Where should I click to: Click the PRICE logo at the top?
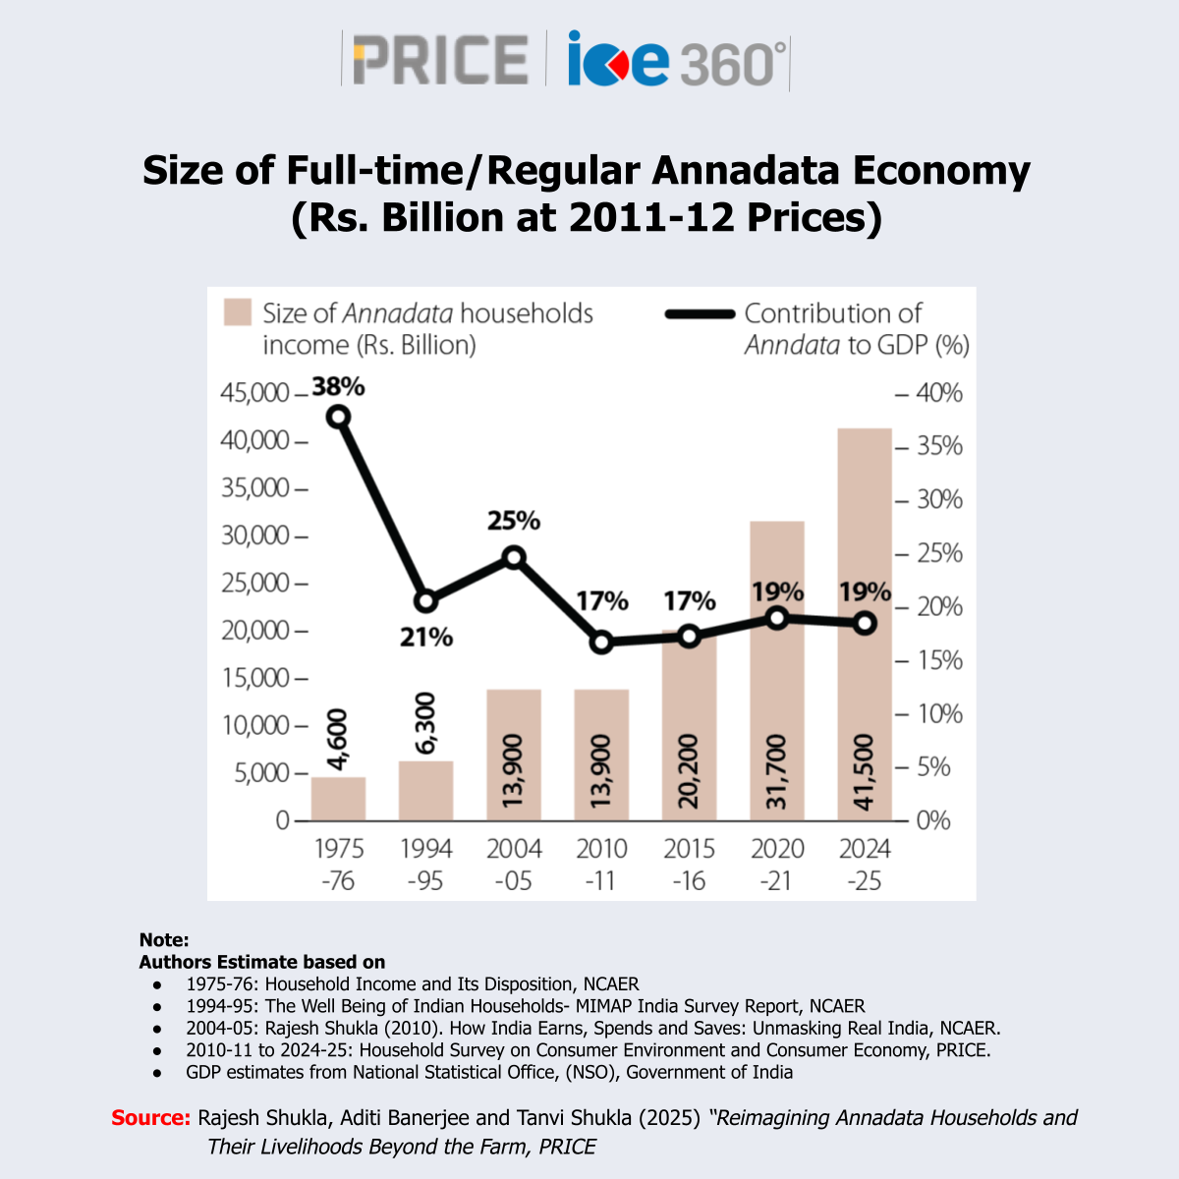point(439,60)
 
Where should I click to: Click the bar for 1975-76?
point(338,798)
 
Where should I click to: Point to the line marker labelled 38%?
point(339,417)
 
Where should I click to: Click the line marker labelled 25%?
point(514,558)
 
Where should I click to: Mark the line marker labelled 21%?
point(426,601)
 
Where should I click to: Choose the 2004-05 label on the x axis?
point(514,865)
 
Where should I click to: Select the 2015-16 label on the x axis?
point(689,865)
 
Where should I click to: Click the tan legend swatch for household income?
point(238,313)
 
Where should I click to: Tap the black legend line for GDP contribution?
point(700,314)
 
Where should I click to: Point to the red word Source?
point(150,1118)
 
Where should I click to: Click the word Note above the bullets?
point(163,940)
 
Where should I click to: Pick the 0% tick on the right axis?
point(932,820)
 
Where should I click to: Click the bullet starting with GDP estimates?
point(488,1072)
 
